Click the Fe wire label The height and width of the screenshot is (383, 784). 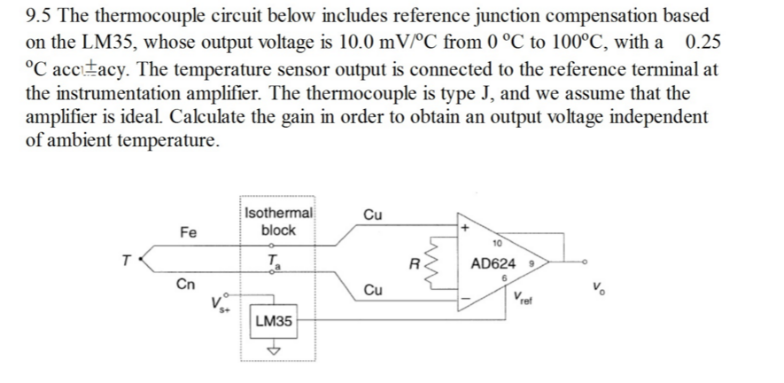pyautogui.click(x=188, y=232)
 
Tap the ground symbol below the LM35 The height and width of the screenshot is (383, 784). pyautogui.click(x=273, y=349)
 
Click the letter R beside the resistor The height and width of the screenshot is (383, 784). pyautogui.click(x=414, y=262)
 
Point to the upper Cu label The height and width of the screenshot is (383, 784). pyautogui.click(x=373, y=215)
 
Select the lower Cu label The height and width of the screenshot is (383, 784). pyautogui.click(x=373, y=291)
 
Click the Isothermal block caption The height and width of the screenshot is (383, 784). pyautogui.click(x=277, y=221)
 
